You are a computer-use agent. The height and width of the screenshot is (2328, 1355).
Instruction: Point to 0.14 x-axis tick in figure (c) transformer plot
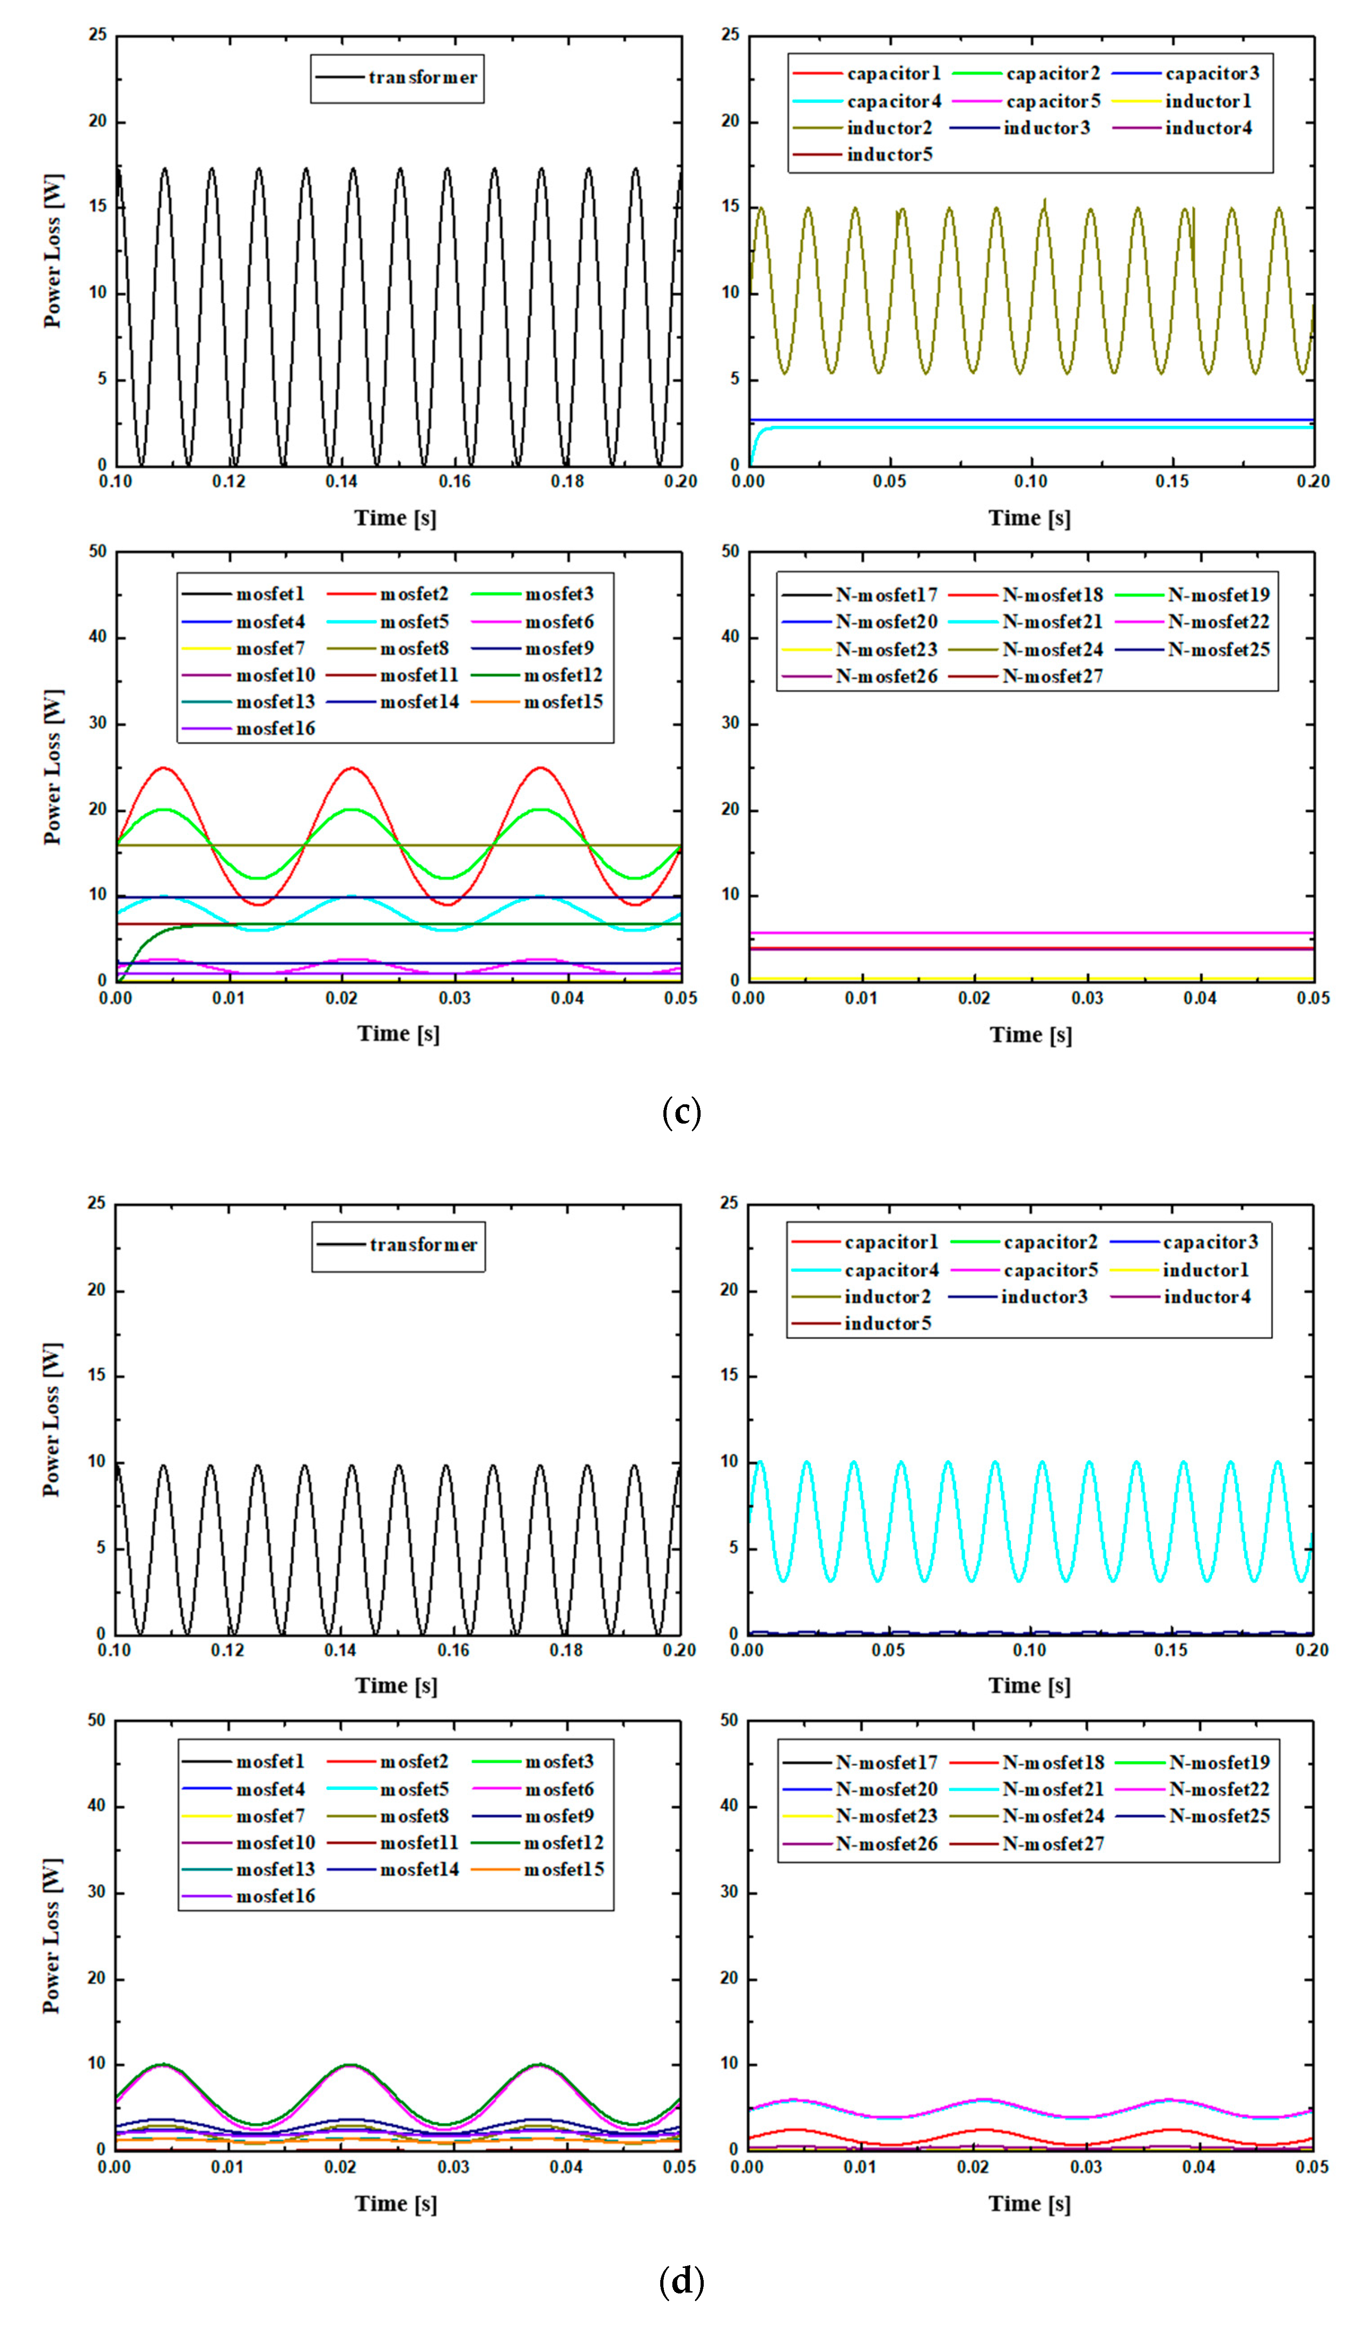[x=342, y=481]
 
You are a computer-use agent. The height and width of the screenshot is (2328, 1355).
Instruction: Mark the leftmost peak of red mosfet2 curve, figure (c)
[x=163, y=768]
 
